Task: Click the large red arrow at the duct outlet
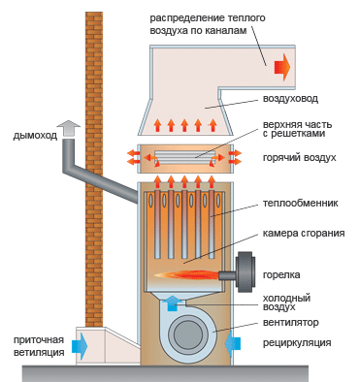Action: pos(282,67)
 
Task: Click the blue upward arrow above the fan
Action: pos(174,302)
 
